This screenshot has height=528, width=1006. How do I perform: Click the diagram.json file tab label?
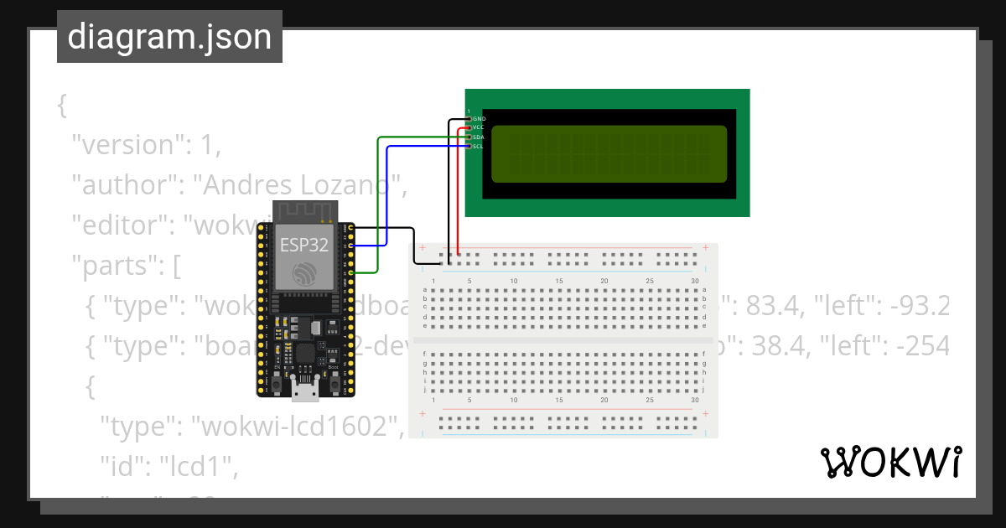click(x=169, y=37)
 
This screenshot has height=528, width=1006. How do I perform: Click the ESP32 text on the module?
click(x=303, y=245)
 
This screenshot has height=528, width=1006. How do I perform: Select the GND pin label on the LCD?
click(x=480, y=119)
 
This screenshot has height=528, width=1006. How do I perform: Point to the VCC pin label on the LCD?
click(x=479, y=127)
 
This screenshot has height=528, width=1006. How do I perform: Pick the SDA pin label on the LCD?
click(x=479, y=137)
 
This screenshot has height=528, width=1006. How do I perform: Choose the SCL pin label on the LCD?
click(x=478, y=146)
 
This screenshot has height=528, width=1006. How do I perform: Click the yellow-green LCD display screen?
click(x=609, y=153)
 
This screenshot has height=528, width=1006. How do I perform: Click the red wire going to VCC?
click(x=458, y=193)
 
